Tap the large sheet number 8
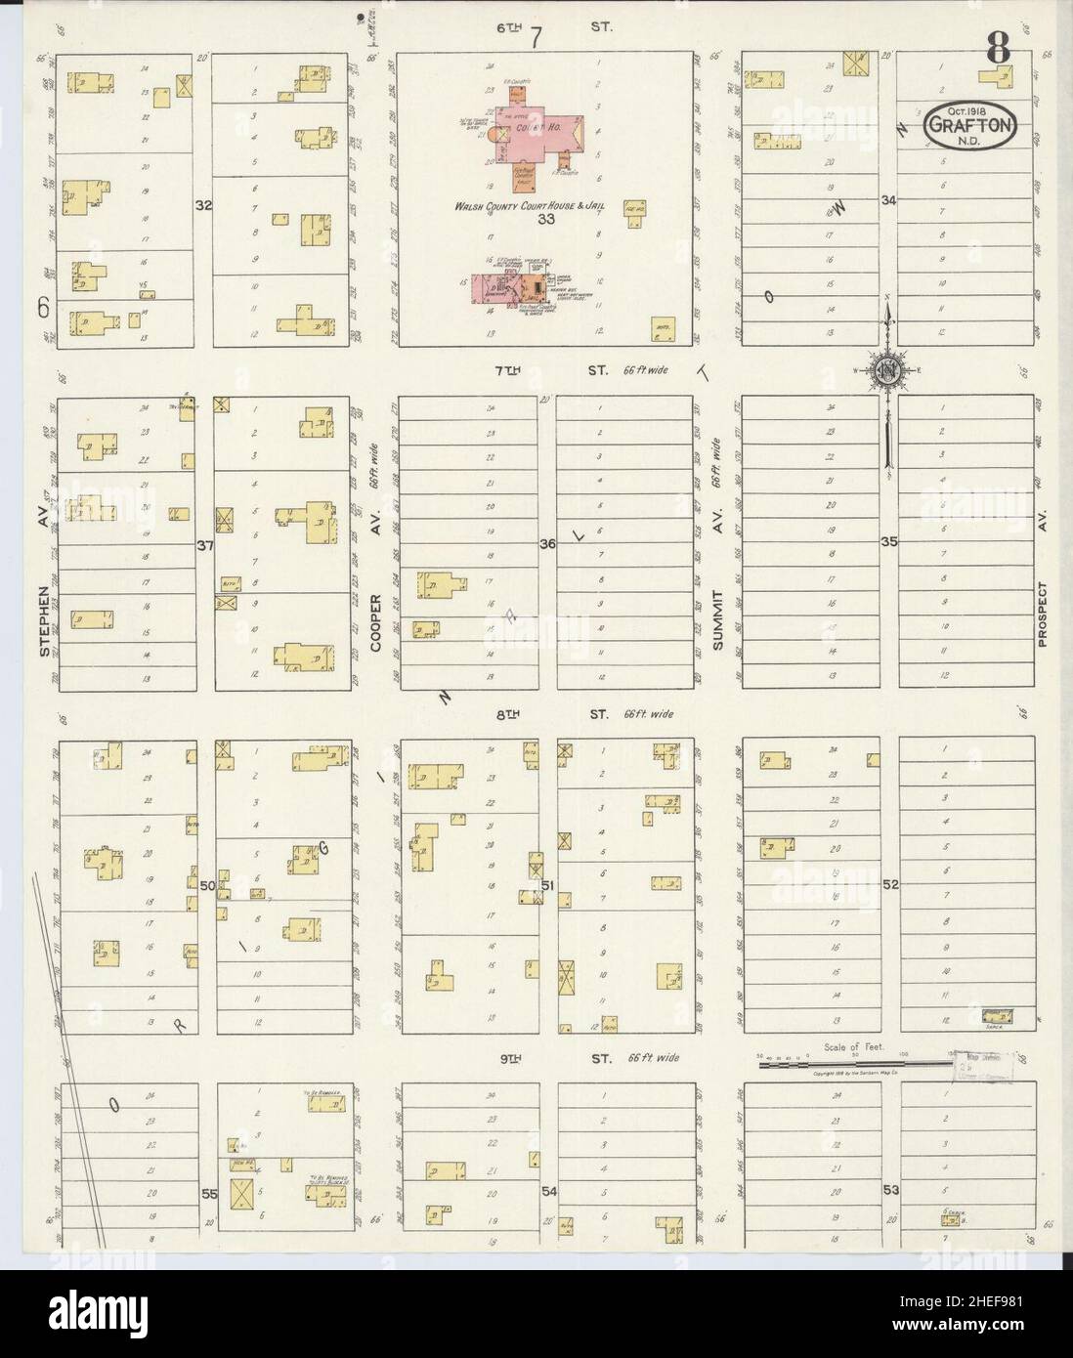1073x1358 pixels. pyautogui.click(x=997, y=47)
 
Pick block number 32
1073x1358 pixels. pyautogui.click(x=203, y=206)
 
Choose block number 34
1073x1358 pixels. pyautogui.click(x=887, y=200)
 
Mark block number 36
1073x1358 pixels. pyautogui.click(x=547, y=544)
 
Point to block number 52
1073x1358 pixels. pyautogui.click(x=889, y=884)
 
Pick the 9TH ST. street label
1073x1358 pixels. pyautogui.click(x=549, y=1058)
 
